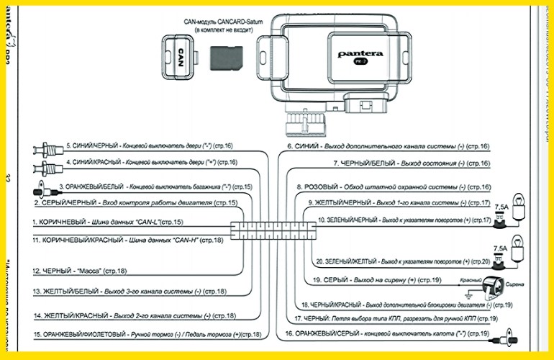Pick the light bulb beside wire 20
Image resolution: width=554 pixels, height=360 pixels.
coord(516,257)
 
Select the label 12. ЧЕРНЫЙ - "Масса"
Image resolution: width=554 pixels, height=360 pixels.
coord(79,271)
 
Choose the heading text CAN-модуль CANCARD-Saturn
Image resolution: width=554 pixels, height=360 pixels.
coord(220,24)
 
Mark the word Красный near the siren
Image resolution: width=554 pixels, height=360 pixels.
coord(471,279)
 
